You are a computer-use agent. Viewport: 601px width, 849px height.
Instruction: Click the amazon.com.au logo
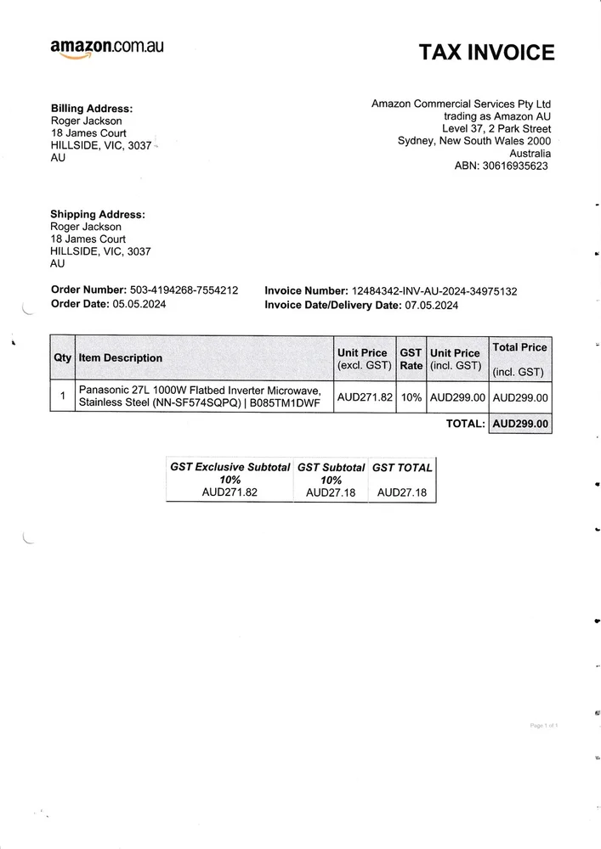(106, 48)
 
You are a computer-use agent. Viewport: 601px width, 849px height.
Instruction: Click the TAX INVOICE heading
(486, 53)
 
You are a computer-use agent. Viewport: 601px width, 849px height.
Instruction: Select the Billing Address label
(92, 109)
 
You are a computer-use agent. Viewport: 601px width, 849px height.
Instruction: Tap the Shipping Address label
(98, 215)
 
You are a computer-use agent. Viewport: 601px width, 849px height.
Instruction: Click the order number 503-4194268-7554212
(184, 290)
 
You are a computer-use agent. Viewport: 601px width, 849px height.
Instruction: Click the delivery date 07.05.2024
(430, 306)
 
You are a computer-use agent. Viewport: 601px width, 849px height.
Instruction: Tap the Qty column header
(63, 358)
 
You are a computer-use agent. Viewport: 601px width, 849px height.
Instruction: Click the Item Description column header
(121, 358)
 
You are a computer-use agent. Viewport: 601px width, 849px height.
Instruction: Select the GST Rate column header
(411, 359)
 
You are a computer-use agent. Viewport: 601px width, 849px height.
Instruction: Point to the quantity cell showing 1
(63, 396)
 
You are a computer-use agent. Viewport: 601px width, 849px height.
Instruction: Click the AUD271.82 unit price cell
(365, 396)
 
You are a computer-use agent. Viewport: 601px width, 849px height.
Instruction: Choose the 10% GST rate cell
(411, 396)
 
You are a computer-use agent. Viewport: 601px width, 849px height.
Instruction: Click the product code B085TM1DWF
(285, 403)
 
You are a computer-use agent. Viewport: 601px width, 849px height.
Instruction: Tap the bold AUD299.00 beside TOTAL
(520, 424)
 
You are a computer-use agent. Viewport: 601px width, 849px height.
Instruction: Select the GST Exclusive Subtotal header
(230, 468)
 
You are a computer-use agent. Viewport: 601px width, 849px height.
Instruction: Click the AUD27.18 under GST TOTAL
(402, 492)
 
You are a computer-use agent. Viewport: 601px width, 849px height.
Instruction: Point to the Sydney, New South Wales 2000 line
(474, 141)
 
